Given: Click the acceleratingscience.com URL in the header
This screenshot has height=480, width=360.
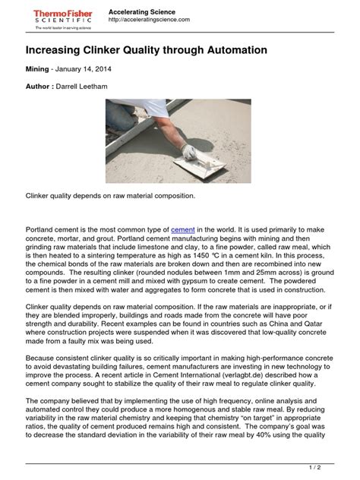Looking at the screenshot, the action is point(150,20).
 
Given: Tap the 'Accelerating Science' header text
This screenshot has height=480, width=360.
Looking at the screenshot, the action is point(142,11).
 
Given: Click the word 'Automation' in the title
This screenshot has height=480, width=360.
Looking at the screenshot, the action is point(227,50).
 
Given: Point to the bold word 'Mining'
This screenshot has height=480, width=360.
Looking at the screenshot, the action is point(39,68).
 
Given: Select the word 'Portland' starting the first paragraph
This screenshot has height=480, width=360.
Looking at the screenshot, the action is point(42,229).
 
